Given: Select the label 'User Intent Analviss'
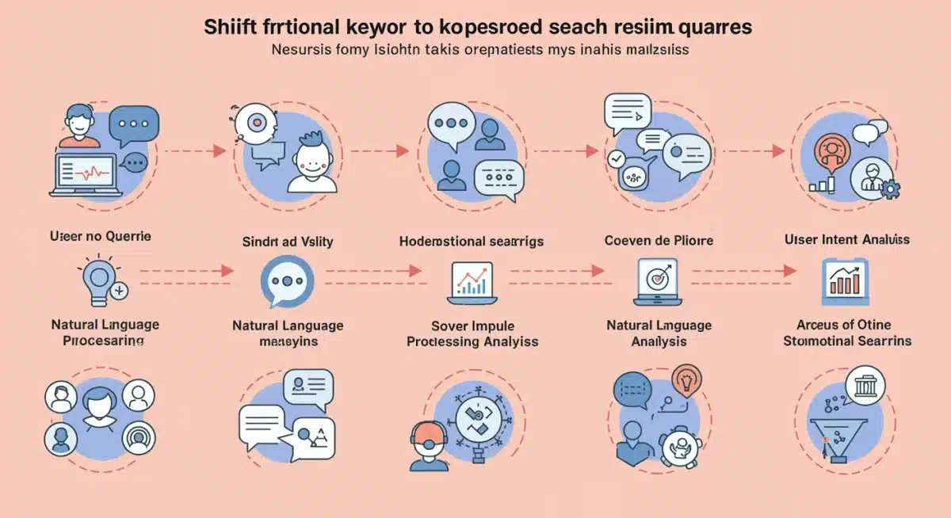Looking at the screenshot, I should click(x=846, y=238).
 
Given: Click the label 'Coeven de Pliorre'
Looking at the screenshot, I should click(x=658, y=240).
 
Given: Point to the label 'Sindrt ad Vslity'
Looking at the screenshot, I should click(x=288, y=242).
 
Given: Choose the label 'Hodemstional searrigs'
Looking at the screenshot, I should click(x=472, y=242).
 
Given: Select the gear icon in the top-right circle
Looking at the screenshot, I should click(x=891, y=189).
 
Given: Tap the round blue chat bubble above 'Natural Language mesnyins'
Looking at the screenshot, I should click(x=287, y=281).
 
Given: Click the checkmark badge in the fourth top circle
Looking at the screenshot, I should click(x=616, y=159).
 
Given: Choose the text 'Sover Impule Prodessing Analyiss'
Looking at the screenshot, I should click(x=472, y=333).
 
